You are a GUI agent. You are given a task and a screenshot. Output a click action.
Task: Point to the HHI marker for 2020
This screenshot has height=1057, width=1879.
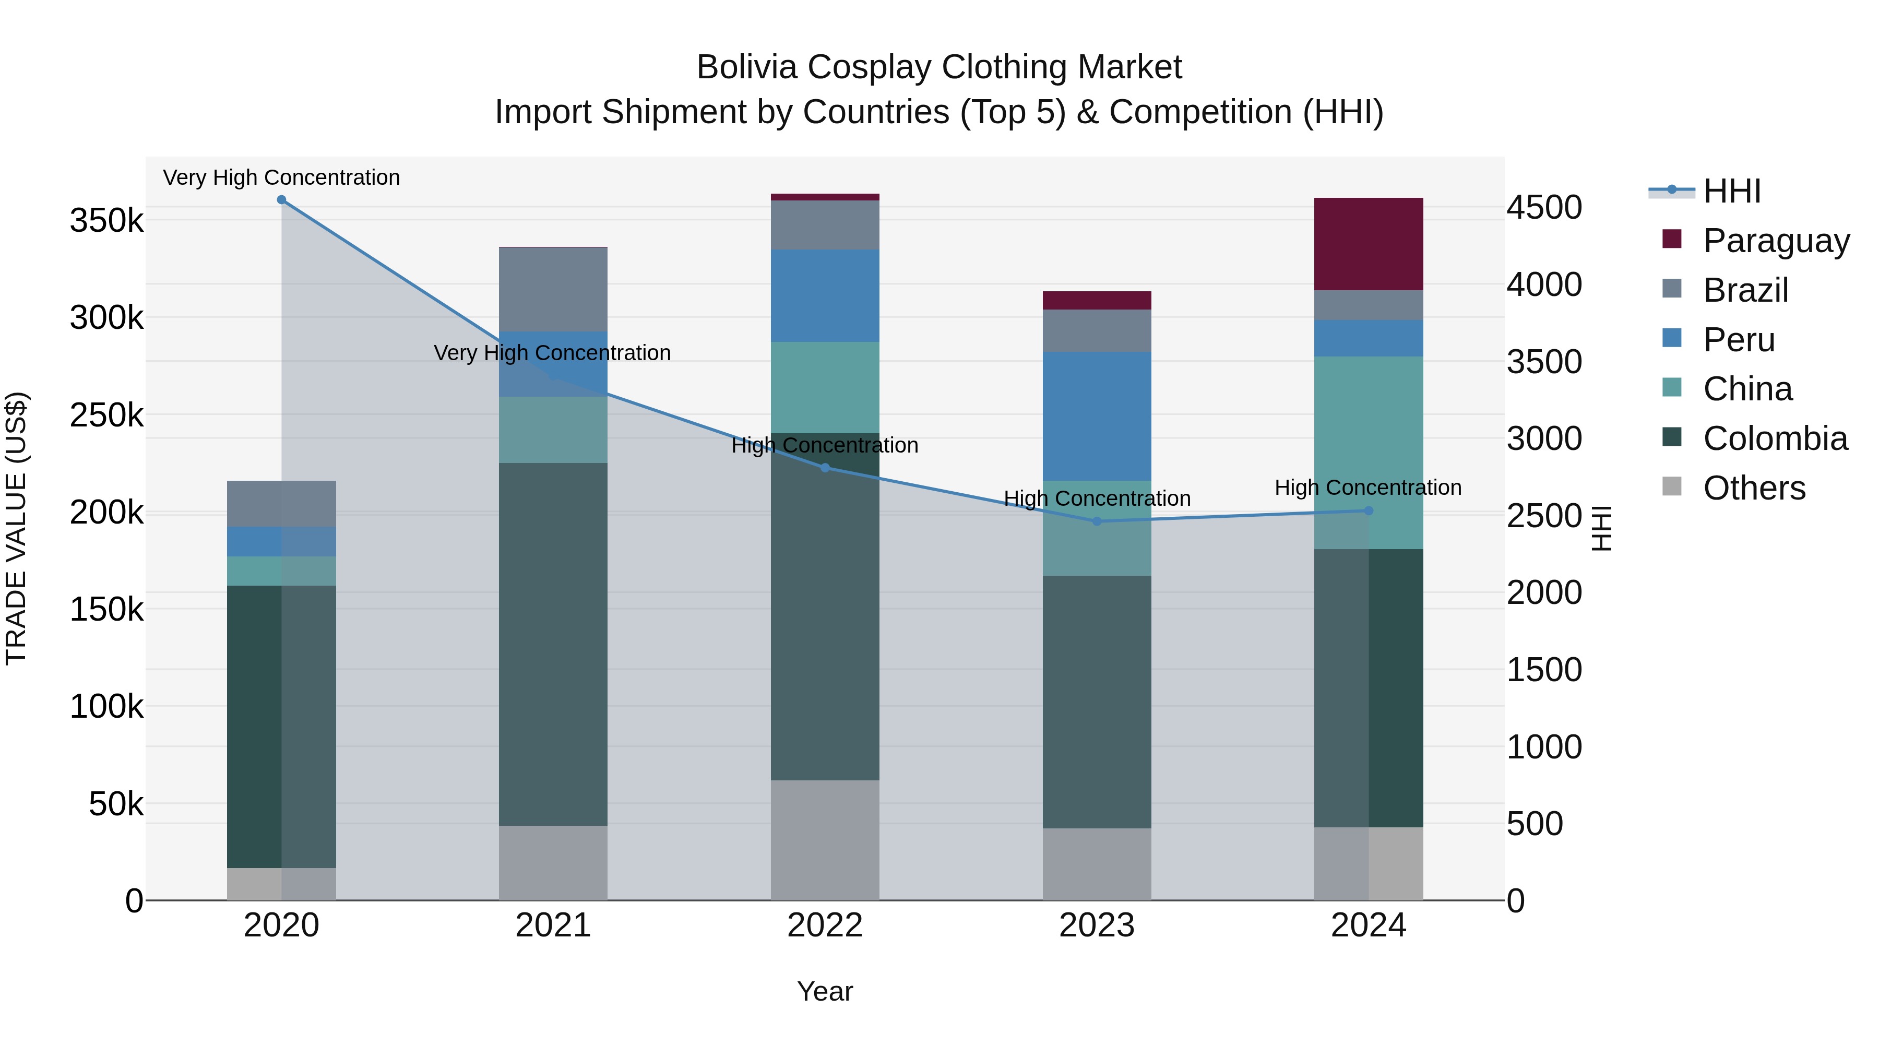click(x=281, y=200)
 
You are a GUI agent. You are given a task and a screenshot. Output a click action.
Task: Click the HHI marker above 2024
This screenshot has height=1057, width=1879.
click(x=1369, y=510)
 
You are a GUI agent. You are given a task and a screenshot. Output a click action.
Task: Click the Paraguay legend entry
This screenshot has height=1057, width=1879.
click(x=1776, y=241)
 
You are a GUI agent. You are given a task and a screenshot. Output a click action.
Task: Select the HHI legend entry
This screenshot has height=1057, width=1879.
click(x=1732, y=191)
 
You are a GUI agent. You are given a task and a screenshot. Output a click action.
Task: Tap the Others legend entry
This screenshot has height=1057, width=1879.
click(x=1754, y=488)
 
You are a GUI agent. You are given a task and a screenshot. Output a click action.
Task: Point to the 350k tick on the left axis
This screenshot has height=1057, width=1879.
click(x=106, y=220)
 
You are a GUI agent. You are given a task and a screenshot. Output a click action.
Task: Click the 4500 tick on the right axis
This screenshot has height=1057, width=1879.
click(x=1544, y=207)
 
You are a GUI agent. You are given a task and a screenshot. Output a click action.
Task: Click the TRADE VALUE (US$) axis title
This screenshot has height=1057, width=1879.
click(x=17, y=528)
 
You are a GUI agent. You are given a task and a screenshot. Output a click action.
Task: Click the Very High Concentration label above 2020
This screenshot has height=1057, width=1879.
click(x=281, y=178)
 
